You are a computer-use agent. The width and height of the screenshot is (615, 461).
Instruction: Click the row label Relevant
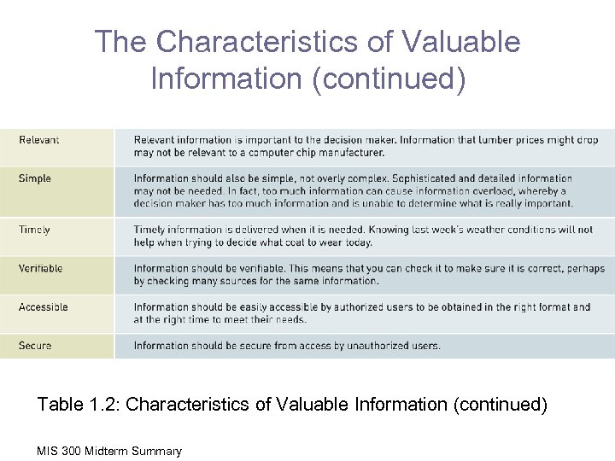point(39,140)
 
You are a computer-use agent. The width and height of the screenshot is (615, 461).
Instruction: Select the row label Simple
point(35,178)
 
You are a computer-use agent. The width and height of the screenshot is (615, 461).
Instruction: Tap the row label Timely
point(35,230)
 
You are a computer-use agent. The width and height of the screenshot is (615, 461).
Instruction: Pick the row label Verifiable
point(41,268)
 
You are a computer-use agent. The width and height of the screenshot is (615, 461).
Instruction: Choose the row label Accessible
point(44,306)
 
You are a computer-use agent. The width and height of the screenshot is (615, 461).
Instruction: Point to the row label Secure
point(35,346)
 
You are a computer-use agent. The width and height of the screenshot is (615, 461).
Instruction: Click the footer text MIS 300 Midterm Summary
point(109,451)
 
